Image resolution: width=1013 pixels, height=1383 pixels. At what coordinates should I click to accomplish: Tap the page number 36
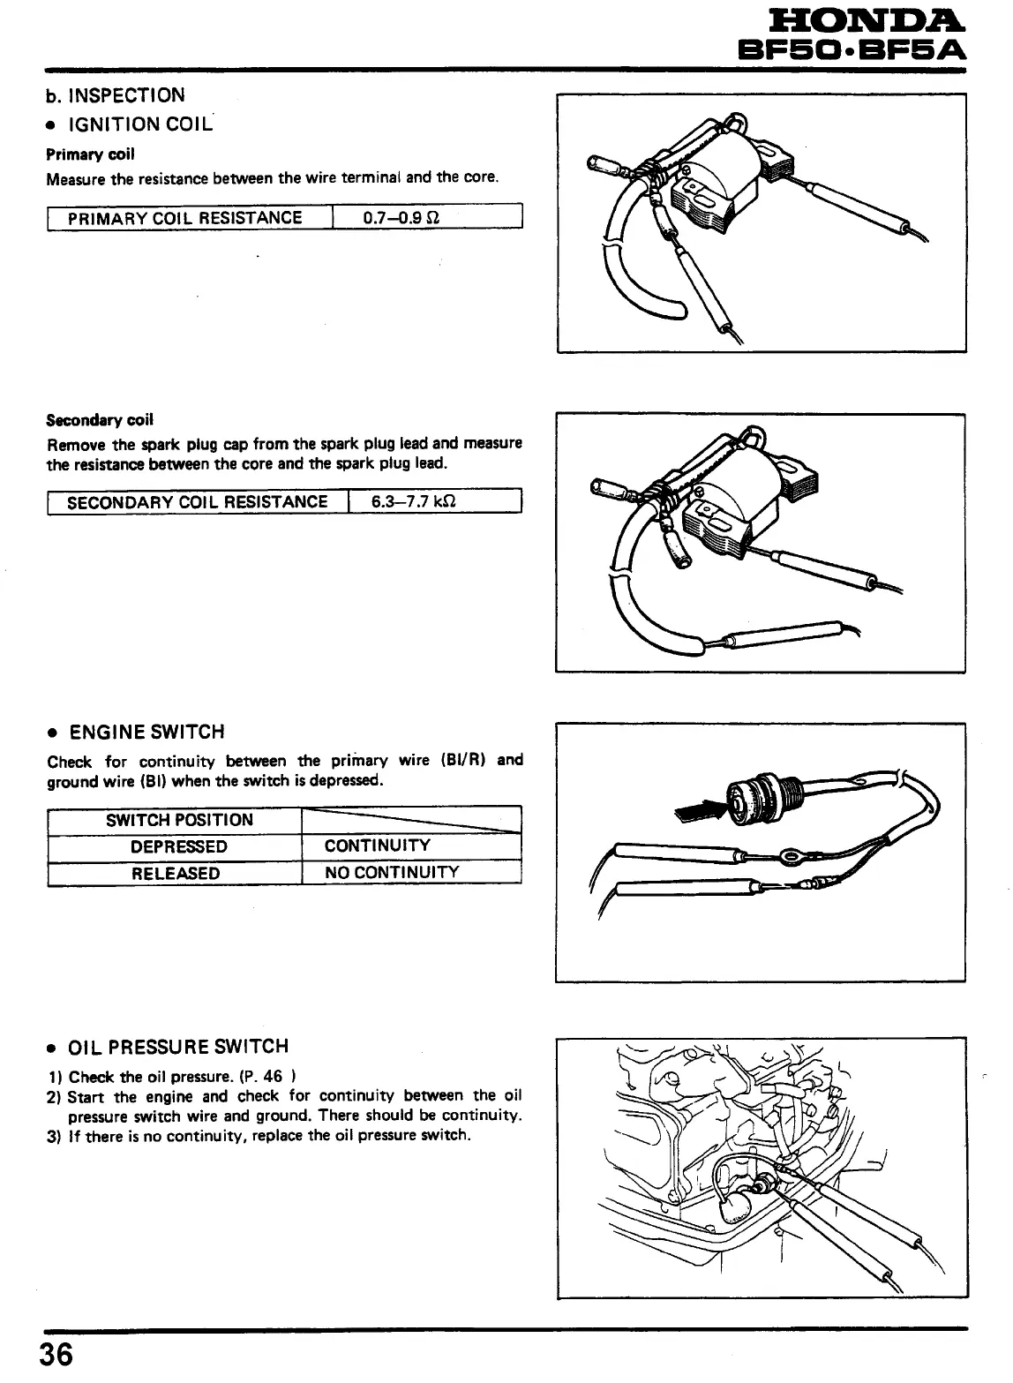tap(56, 1354)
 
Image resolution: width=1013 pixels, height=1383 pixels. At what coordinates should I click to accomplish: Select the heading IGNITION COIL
tap(140, 124)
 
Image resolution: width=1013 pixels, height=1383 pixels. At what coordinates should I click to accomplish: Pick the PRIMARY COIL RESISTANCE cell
tap(184, 217)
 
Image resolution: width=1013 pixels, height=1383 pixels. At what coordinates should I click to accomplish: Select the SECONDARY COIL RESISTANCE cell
tap(197, 501)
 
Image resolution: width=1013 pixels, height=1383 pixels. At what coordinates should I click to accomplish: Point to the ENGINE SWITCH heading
tap(146, 732)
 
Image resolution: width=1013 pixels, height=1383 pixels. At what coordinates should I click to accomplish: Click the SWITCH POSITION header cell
tap(179, 820)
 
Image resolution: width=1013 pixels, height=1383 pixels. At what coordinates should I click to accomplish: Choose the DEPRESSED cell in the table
tap(179, 846)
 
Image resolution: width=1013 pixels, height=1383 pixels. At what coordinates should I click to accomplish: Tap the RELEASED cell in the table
tap(176, 873)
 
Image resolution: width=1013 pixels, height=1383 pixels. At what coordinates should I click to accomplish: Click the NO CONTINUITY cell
tap(392, 873)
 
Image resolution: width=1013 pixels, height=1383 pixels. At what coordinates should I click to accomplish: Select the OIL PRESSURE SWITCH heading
tap(178, 1047)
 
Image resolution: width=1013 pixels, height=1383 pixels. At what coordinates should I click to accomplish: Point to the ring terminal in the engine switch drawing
tap(788, 854)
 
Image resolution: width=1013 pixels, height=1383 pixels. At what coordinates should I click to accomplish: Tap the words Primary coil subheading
tap(90, 154)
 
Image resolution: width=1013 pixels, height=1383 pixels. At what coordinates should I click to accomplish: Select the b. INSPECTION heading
tap(116, 95)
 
